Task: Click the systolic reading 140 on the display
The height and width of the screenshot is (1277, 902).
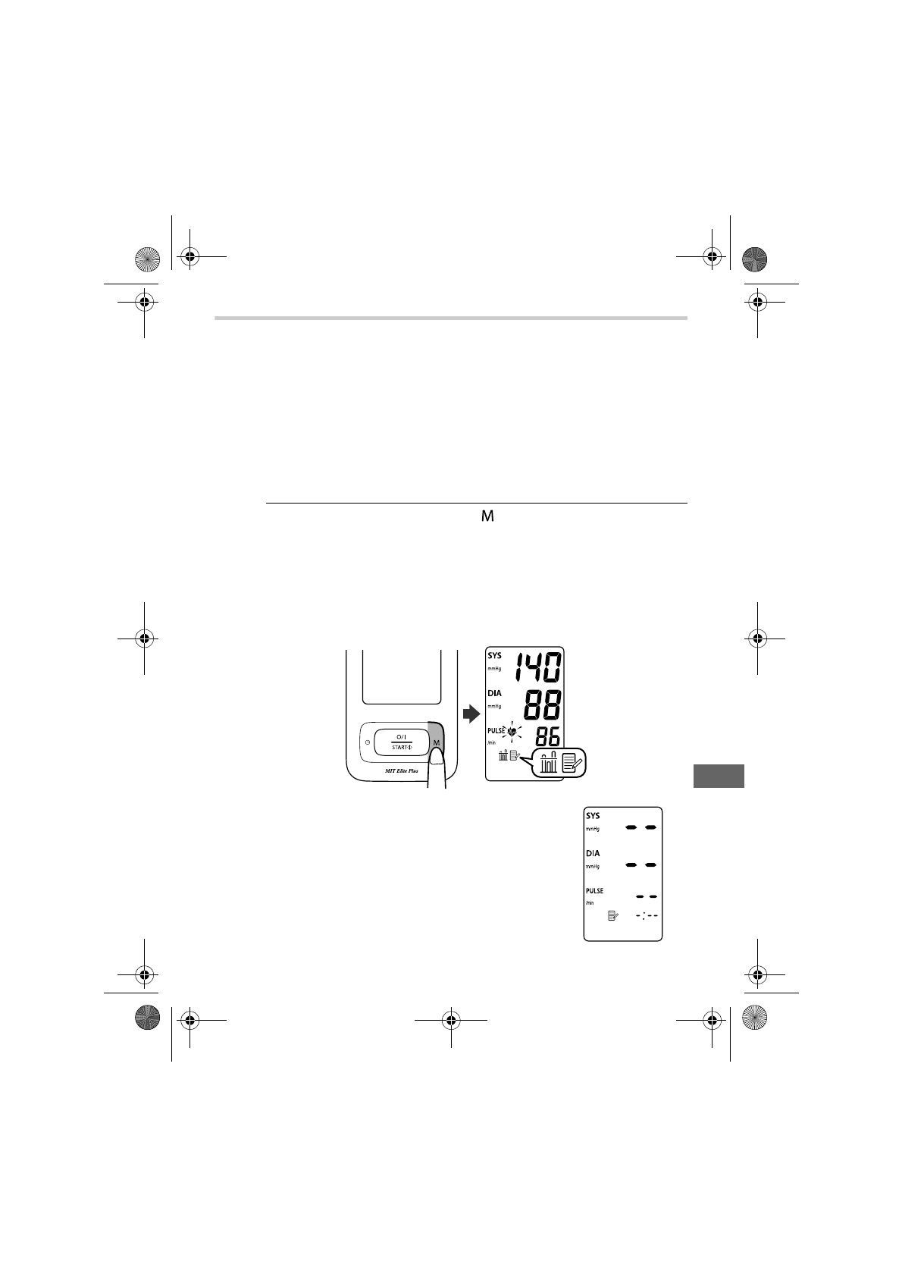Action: pos(539,669)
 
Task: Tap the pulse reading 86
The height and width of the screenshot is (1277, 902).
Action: pos(548,736)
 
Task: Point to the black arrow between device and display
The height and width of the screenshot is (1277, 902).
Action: pos(471,714)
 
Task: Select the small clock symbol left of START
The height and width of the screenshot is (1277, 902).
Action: pos(368,742)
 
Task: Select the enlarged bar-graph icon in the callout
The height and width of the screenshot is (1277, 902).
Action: pos(548,761)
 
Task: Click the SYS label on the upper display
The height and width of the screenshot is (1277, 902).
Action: pos(494,656)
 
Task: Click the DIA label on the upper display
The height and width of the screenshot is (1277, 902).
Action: pos(494,693)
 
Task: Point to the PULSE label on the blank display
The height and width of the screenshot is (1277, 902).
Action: pos(594,891)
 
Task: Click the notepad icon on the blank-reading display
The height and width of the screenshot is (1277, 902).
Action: pos(613,916)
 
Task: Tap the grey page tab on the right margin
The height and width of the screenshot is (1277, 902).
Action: pos(719,777)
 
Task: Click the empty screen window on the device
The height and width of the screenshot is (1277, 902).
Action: pos(402,675)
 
